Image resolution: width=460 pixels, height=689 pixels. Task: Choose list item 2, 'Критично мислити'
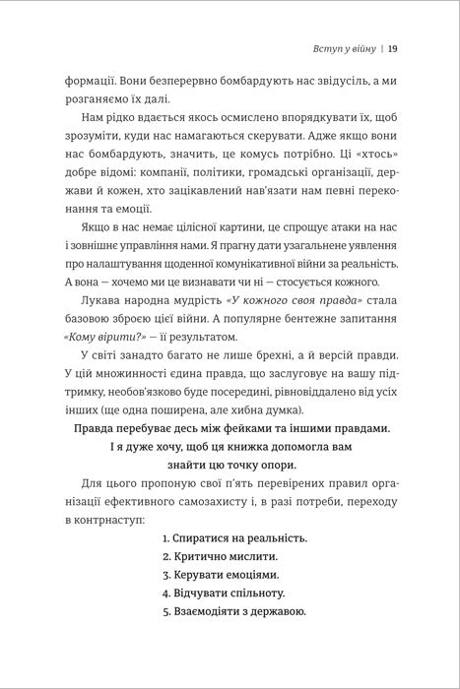click(x=219, y=556)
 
